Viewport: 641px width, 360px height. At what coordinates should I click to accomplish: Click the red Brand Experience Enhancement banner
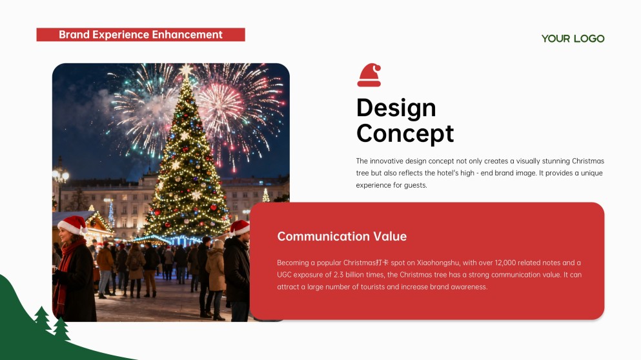pyautogui.click(x=141, y=35)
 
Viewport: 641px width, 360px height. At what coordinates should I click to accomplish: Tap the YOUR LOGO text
pyautogui.click(x=573, y=39)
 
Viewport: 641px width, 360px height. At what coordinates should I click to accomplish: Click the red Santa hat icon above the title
pyautogui.click(x=369, y=75)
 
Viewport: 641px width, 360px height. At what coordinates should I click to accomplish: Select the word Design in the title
pyautogui.click(x=396, y=108)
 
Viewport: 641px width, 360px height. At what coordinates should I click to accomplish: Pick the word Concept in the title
pyautogui.click(x=405, y=134)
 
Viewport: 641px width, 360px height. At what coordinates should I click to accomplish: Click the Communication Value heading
pyautogui.click(x=341, y=236)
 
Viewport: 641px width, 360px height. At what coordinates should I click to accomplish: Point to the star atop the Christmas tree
pyautogui.click(x=186, y=70)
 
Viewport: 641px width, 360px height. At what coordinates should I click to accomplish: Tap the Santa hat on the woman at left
pyautogui.click(x=72, y=225)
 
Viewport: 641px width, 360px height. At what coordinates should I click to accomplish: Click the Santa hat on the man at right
pyautogui.click(x=239, y=227)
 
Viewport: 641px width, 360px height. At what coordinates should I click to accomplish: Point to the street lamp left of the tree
pyautogui.click(x=61, y=175)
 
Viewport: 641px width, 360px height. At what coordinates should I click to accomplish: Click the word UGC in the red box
pyautogui.click(x=285, y=275)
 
